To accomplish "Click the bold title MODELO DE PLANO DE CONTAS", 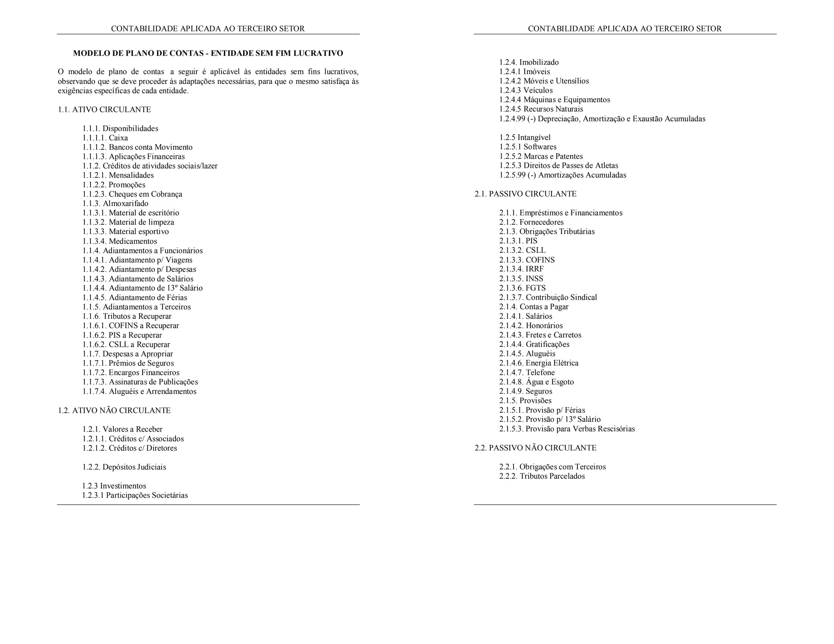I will click(x=208, y=53).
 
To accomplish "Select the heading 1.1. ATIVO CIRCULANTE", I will click(x=104, y=110).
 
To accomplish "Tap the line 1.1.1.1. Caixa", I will click(x=105, y=138).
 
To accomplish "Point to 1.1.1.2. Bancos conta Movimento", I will click(x=137, y=147).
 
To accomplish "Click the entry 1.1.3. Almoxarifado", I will click(x=115, y=204).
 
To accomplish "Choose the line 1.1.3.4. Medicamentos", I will click(x=119, y=241).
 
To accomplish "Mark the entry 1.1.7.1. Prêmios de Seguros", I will click(x=128, y=363).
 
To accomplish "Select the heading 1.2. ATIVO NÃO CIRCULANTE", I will click(x=114, y=410).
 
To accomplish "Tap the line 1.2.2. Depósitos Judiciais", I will click(x=124, y=467).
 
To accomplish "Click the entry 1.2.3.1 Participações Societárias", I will click(x=135, y=495).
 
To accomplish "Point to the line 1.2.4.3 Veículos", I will click(x=526, y=90).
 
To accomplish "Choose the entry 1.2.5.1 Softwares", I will click(x=528, y=147).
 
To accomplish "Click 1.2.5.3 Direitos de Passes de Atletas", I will click(x=559, y=166).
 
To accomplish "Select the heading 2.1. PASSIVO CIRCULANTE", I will click(x=525, y=194).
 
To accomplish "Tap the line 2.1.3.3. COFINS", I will click(x=527, y=260).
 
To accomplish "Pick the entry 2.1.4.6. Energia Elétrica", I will click(x=539, y=363).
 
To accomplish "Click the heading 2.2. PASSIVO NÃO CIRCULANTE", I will click(x=535, y=448).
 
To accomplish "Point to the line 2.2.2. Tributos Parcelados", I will click(x=542, y=476).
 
